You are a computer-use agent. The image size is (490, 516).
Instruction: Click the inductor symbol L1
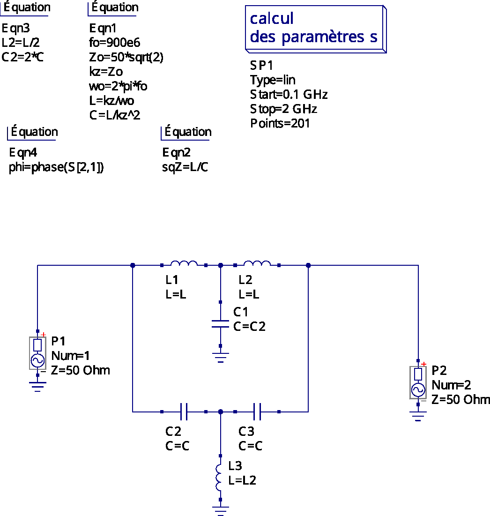(184, 263)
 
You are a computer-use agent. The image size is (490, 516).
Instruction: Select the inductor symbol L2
(257, 263)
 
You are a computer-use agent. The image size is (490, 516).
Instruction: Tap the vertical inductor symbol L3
(219, 478)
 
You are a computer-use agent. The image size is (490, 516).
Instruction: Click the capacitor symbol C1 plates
(220, 324)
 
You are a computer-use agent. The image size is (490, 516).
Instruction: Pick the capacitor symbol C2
(184, 411)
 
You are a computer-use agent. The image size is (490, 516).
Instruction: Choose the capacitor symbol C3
(257, 411)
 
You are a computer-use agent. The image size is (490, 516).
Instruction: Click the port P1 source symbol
(37, 353)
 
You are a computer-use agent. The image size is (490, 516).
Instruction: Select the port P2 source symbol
(418, 382)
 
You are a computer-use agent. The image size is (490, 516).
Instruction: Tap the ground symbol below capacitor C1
(220, 358)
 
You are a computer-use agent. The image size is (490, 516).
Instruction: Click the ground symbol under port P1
(37, 387)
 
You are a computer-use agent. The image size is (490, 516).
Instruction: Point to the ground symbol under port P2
(418, 416)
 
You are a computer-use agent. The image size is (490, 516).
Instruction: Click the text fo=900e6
(114, 43)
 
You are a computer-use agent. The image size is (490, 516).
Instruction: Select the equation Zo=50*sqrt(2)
(126, 57)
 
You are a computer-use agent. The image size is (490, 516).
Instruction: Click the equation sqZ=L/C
(185, 167)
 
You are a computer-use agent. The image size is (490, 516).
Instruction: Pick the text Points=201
(280, 123)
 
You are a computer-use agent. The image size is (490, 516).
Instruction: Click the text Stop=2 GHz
(283, 109)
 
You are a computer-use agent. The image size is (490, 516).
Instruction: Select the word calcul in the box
(272, 18)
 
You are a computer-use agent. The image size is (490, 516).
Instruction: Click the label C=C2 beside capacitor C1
(249, 327)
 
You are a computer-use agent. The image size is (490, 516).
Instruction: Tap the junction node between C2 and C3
(220, 411)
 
